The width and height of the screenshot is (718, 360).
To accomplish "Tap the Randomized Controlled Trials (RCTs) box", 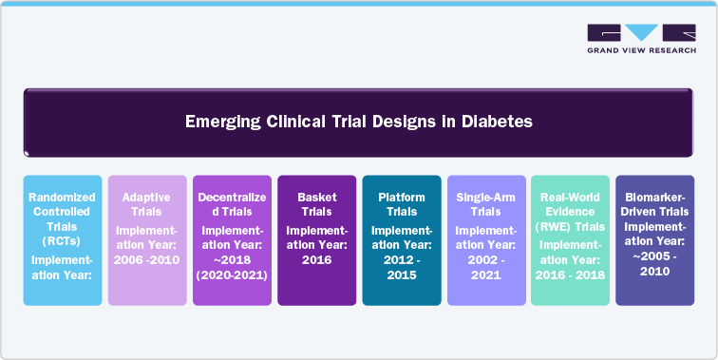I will (62, 240).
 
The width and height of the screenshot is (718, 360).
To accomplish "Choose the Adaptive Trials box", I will (146, 240).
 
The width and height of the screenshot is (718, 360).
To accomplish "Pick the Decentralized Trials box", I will (231, 240).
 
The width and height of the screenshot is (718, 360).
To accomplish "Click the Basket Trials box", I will (315, 240).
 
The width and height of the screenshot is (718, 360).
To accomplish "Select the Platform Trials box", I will (401, 240).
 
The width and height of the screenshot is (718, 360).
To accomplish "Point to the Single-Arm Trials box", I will (485, 240).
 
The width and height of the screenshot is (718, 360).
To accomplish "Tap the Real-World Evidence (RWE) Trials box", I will (570, 240).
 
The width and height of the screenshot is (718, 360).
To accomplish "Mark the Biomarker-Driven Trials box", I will (655, 240).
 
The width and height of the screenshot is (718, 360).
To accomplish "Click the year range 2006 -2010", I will (146, 259).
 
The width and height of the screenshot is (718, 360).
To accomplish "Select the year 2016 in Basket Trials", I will (316, 259).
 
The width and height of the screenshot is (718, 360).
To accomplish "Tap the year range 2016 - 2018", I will (570, 274).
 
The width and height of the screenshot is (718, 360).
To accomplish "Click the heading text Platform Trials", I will (401, 204).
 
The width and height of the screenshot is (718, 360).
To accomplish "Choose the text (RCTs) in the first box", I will (62, 241).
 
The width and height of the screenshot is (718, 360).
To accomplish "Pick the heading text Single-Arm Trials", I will (485, 204).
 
